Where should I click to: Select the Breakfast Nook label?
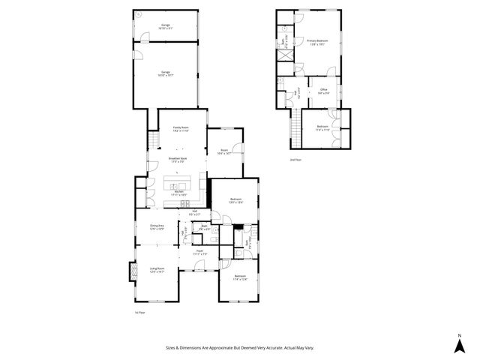(x=178, y=160)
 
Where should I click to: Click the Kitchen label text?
(x=178, y=193)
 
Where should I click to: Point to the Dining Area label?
(x=157, y=227)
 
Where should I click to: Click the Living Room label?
(x=157, y=269)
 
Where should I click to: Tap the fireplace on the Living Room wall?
(x=133, y=270)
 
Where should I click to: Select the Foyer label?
(x=200, y=251)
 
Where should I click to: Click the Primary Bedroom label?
(x=317, y=42)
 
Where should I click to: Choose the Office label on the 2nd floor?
(x=324, y=91)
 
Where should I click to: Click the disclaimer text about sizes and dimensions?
(x=239, y=347)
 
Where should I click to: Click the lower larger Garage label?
(x=165, y=73)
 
